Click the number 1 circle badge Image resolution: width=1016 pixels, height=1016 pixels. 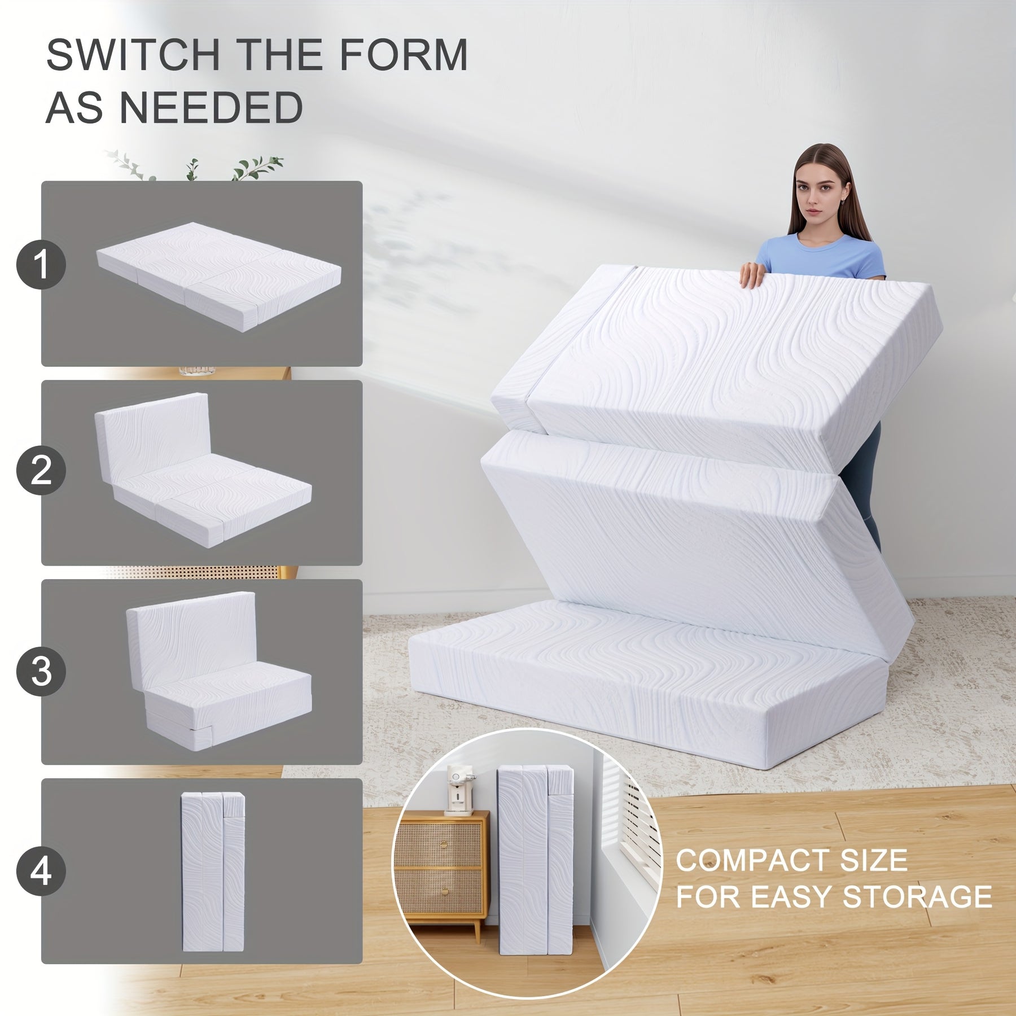[41, 264]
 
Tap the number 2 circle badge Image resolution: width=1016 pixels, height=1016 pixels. [41, 470]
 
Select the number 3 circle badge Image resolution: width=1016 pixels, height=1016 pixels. [41, 672]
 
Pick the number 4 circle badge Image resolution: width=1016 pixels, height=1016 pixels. [41, 871]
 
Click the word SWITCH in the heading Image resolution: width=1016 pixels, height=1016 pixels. [133, 55]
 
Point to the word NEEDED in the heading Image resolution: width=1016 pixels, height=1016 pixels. [211, 108]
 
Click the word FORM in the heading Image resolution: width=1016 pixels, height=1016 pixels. [403, 55]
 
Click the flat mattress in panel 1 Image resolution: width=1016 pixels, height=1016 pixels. [219, 277]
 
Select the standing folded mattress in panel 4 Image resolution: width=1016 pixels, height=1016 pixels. [213, 872]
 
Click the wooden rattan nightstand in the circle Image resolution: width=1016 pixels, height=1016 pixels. [441, 872]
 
